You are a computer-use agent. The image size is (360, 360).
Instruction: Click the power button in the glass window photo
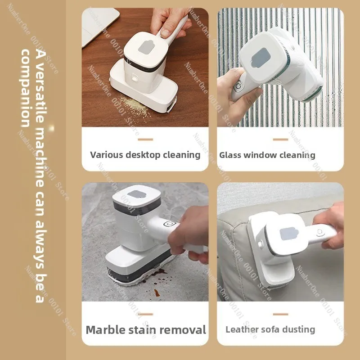pos(238,86)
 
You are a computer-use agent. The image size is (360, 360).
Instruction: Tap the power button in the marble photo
pos(170,223)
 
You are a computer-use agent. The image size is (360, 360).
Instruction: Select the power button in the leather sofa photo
pos(320,233)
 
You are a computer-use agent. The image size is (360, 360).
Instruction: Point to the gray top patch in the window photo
pos(261,58)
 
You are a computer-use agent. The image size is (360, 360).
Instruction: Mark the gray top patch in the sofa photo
pos(289,234)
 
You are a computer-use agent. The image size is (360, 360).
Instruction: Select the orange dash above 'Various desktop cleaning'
pos(145,139)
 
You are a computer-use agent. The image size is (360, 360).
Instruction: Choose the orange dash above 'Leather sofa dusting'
pos(280,314)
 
